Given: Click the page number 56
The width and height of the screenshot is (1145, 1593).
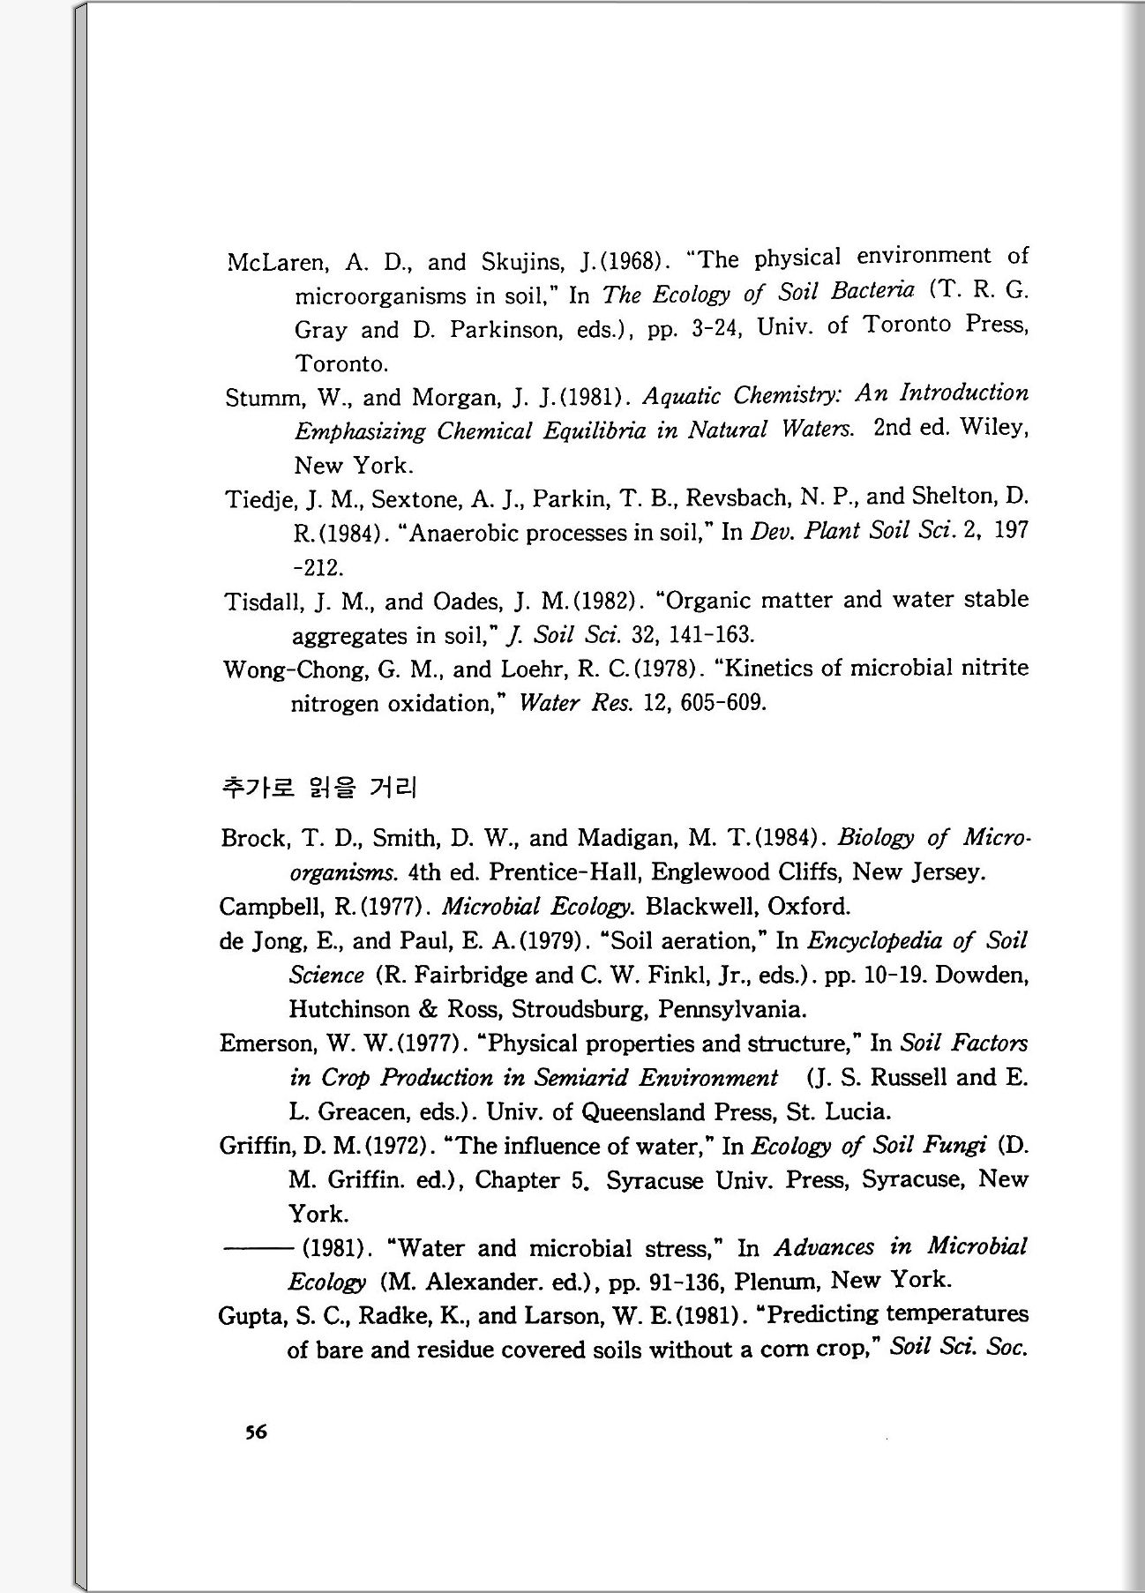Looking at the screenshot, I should click(x=256, y=1432).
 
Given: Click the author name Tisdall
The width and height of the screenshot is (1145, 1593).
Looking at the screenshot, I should click(x=258, y=602).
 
